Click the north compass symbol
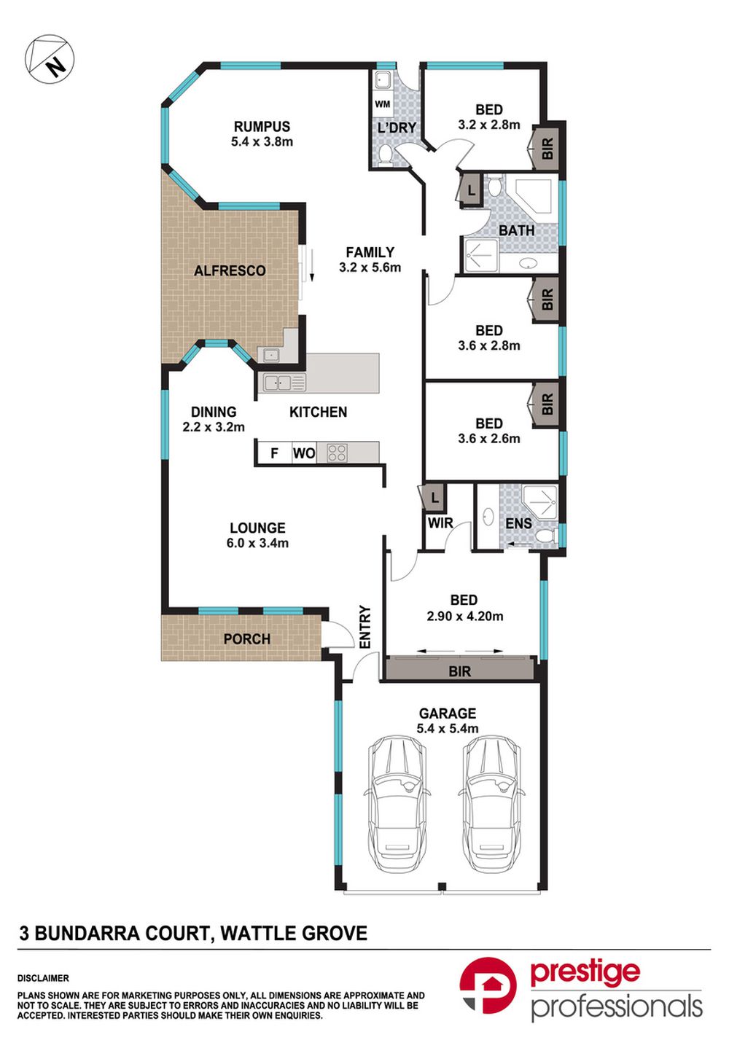click(x=50, y=59)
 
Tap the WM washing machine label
click(x=383, y=104)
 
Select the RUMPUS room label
click(x=262, y=126)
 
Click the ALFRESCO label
click(x=230, y=270)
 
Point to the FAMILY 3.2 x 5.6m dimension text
click(x=370, y=267)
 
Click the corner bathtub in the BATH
click(x=533, y=195)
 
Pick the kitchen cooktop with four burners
click(x=337, y=453)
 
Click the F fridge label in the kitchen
click(x=274, y=453)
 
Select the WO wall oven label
click(x=304, y=453)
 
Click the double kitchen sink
click(x=278, y=383)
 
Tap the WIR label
click(x=440, y=523)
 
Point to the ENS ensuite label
click(x=518, y=524)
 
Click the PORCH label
click(x=247, y=639)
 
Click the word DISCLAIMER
click(x=43, y=978)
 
